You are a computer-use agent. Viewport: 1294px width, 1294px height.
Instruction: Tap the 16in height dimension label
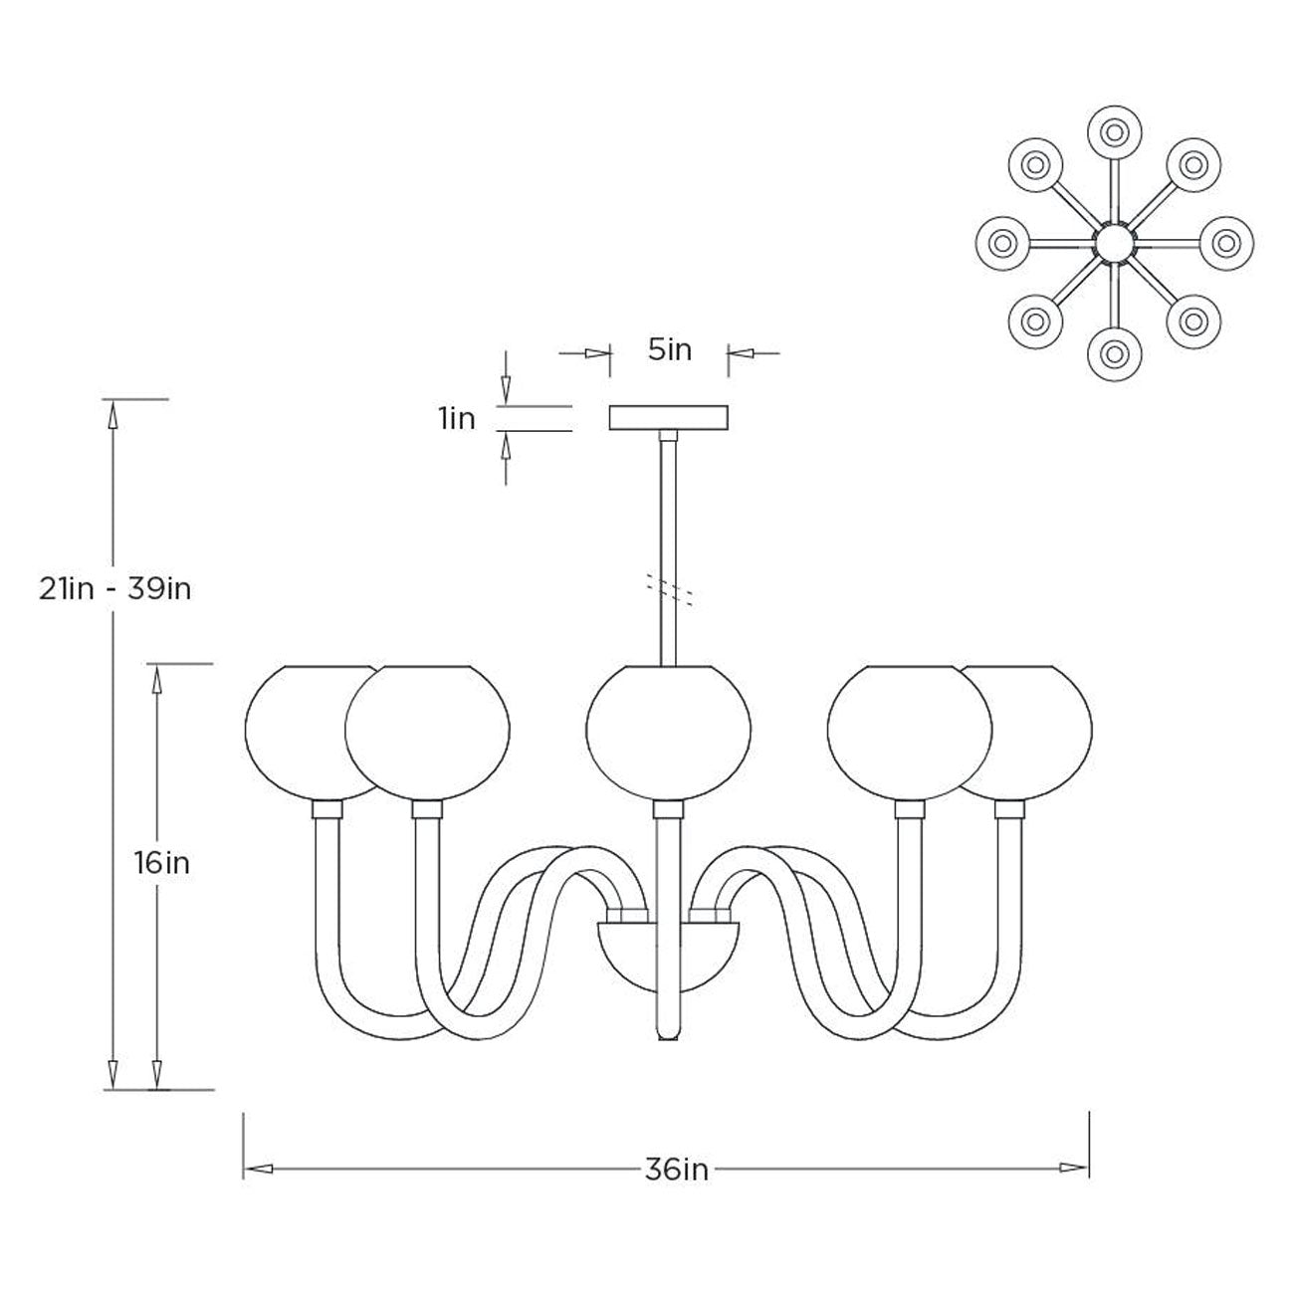pos(162,863)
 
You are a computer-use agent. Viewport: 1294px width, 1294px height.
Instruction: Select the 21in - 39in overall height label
pos(114,589)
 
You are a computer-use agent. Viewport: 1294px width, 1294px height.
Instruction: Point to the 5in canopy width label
pos(670,349)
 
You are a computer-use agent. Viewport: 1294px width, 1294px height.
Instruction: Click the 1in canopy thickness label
pos(457,418)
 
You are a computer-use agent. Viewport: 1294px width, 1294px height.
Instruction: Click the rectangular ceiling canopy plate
pos(668,417)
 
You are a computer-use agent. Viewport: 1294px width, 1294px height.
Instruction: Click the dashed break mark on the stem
pos(670,589)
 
